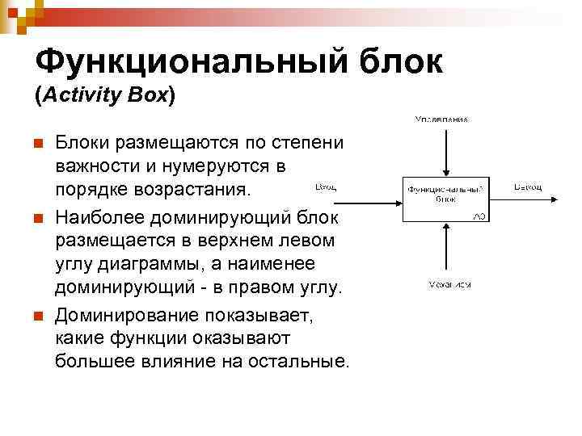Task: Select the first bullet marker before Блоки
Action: coord(36,144)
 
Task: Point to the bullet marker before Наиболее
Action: coord(36,220)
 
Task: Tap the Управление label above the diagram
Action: coord(441,119)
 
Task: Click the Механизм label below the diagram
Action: coord(449,284)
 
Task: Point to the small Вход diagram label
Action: coord(325,187)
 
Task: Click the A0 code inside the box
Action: coord(479,216)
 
